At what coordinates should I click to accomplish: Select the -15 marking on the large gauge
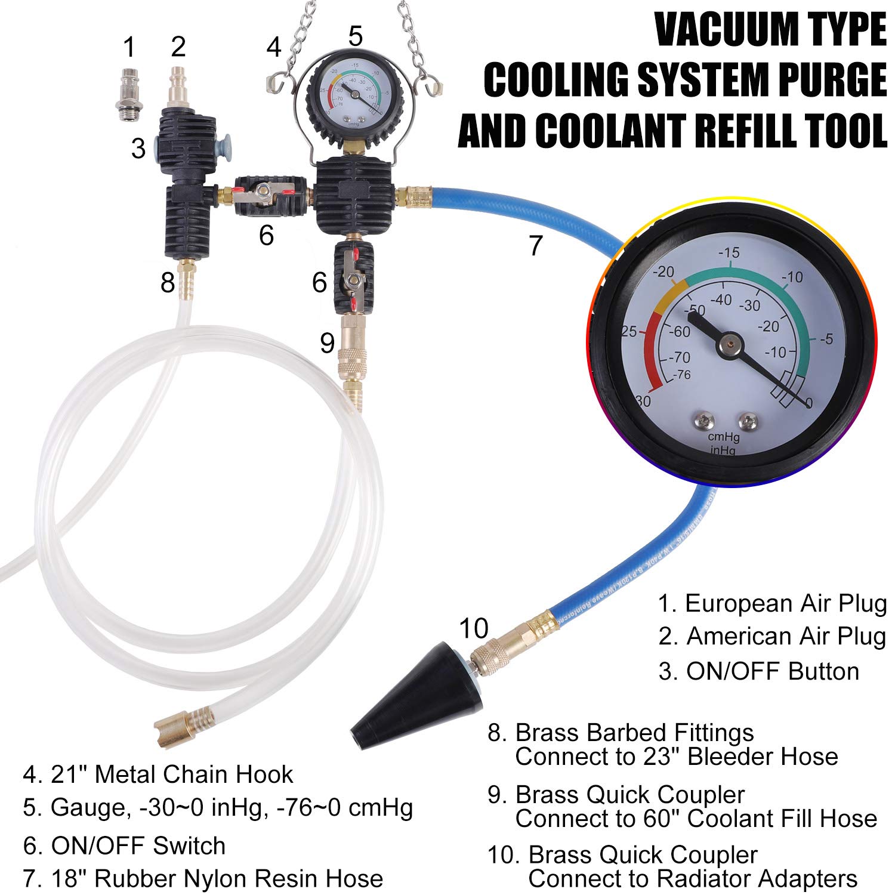click(729, 252)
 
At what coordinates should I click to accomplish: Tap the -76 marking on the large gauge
click(681, 375)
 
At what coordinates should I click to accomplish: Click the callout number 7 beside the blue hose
click(536, 245)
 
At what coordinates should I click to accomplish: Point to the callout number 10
click(473, 628)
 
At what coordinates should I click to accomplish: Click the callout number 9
click(327, 343)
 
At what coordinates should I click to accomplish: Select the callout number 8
click(168, 282)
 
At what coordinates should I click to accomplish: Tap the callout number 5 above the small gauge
click(355, 36)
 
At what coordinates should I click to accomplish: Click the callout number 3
click(138, 148)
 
